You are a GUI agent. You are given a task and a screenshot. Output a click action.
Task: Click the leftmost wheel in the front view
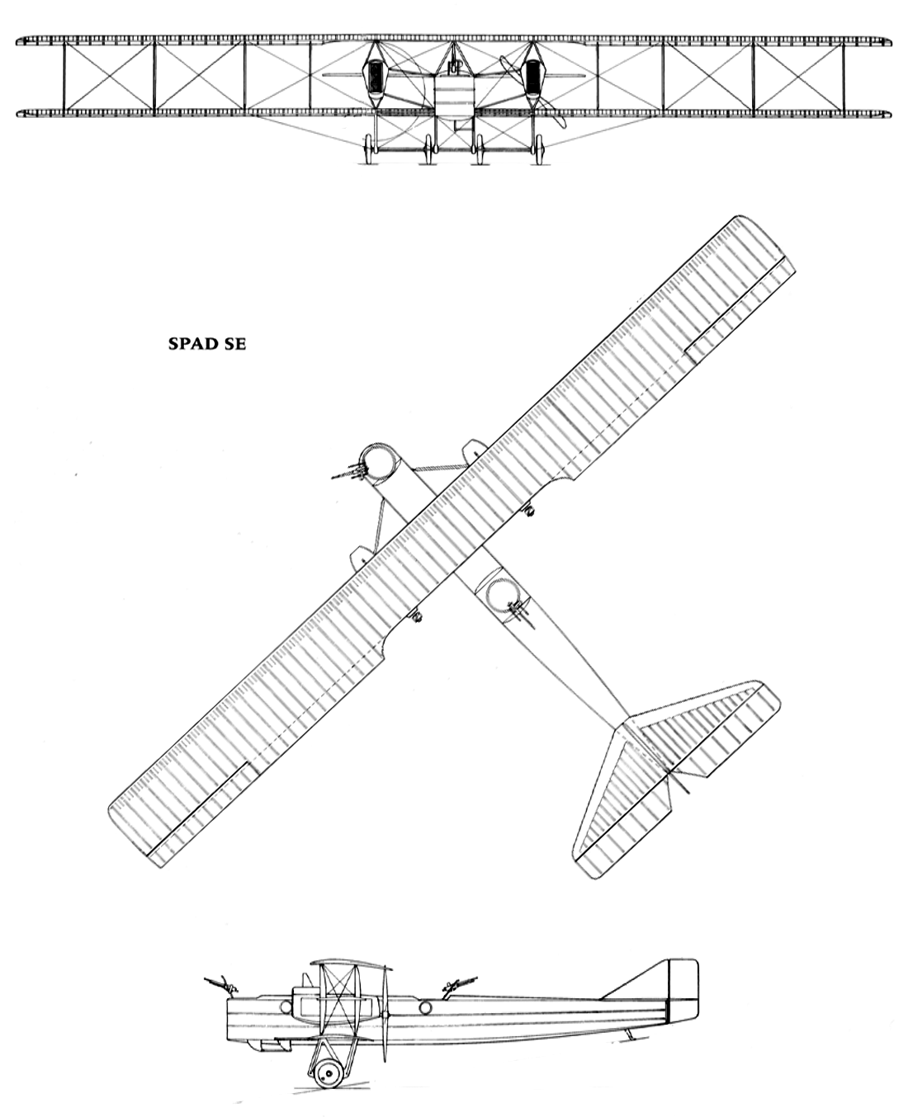pos(369,149)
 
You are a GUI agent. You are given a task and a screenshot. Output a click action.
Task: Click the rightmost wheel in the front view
pos(539,149)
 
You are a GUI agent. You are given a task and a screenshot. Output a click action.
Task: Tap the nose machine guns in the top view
pos(349,471)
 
